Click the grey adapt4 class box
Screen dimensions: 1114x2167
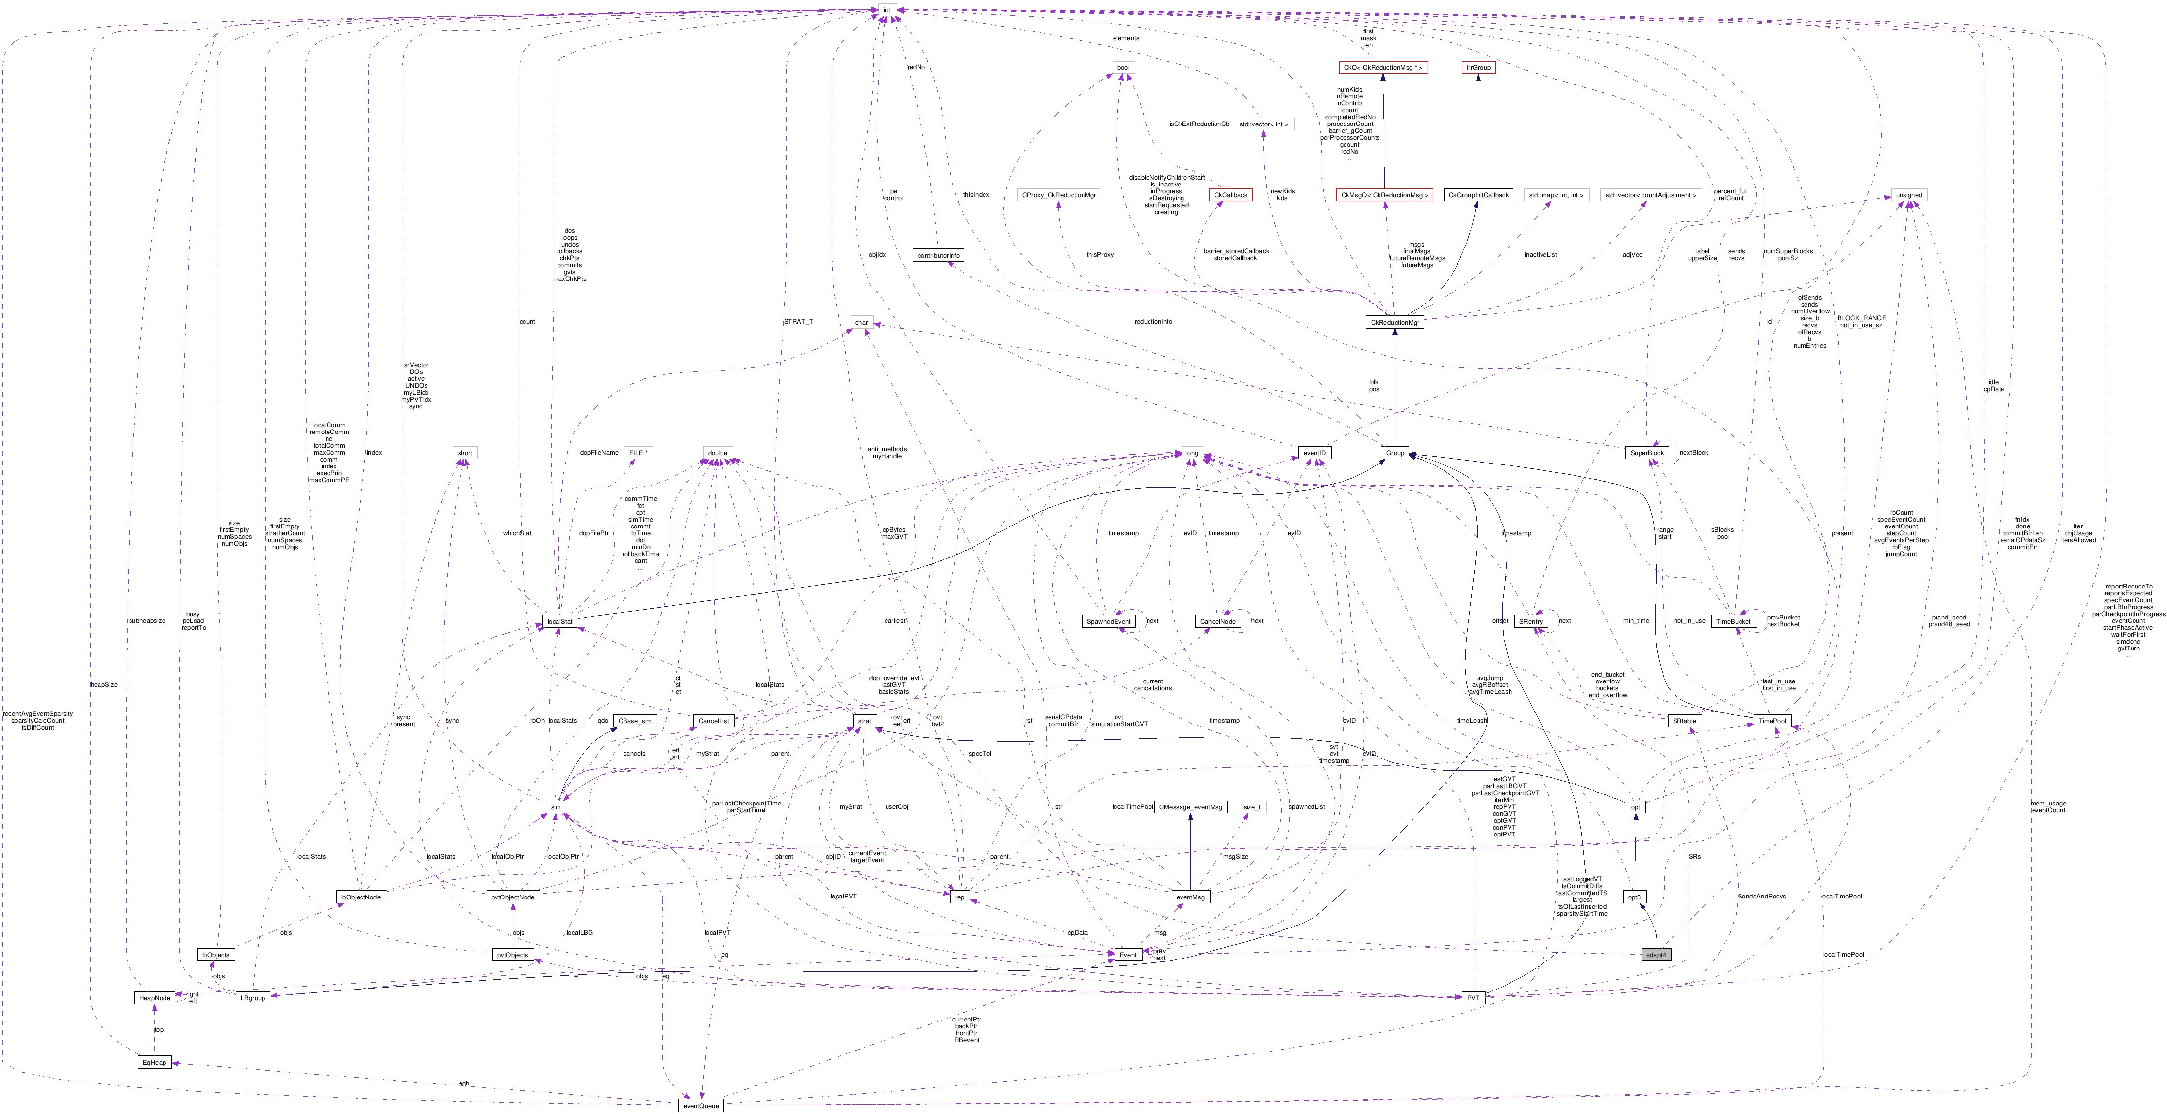[1655, 954]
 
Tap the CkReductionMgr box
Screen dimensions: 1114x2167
[1395, 322]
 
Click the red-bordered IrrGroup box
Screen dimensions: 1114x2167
[1478, 67]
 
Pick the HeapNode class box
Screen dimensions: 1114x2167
[154, 998]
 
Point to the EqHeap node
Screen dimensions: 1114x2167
[154, 1062]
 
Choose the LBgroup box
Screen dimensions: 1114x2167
[252, 998]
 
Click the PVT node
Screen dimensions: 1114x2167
[1472, 998]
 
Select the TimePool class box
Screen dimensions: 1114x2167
[1772, 720]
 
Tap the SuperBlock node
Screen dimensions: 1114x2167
[1646, 452]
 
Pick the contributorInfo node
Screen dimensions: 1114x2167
[938, 255]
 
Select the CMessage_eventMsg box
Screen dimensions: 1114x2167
[1190, 806]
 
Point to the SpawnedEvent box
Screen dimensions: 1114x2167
[1109, 621]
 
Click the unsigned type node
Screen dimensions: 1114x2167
[1909, 195]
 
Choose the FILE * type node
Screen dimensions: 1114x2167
[638, 452]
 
